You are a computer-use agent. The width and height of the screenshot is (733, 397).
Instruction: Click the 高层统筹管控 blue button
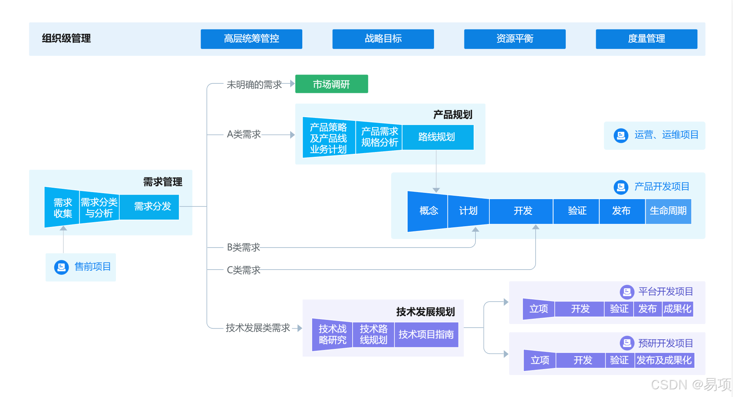pos(251,39)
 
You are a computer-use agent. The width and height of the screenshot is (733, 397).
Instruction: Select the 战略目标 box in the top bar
pos(383,39)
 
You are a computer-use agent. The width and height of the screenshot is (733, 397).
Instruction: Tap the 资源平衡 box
pos(515,39)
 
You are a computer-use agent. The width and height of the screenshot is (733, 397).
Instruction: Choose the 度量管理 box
pos(646,39)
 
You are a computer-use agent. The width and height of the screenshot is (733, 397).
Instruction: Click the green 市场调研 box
pos(331,84)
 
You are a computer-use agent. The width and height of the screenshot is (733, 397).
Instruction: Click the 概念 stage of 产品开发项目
pos(428,211)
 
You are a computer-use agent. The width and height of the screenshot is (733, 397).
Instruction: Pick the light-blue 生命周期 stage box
pos(668,211)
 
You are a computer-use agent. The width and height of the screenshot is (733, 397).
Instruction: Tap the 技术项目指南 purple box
pos(426,335)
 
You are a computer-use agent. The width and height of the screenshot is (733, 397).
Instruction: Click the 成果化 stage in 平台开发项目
pos(678,309)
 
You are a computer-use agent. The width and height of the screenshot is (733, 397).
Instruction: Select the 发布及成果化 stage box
pos(664,360)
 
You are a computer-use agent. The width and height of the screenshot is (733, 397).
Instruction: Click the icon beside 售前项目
pos(61,267)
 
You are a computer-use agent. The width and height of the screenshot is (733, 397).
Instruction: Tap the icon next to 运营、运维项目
pos(621,136)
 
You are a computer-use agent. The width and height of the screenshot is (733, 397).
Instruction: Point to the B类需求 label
pos(243,248)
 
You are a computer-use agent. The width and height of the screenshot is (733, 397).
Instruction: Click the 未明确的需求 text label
pos(254,85)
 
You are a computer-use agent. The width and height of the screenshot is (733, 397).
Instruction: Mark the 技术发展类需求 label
pos(258,328)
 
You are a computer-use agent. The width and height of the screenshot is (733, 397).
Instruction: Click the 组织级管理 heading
pos(66,39)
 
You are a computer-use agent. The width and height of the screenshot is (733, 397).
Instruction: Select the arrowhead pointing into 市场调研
pos(292,84)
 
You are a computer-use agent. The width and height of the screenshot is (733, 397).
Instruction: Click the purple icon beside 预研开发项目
pos(627,343)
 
